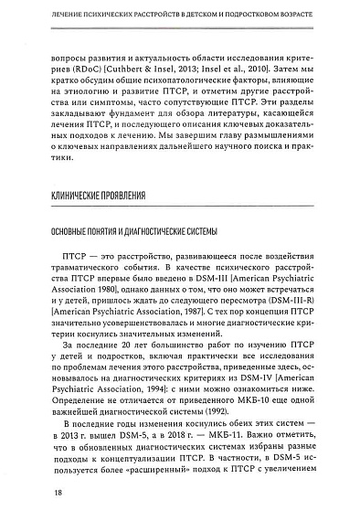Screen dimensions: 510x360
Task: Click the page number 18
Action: tap(32, 494)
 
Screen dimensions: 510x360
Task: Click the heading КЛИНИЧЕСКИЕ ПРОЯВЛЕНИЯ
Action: tap(101, 197)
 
